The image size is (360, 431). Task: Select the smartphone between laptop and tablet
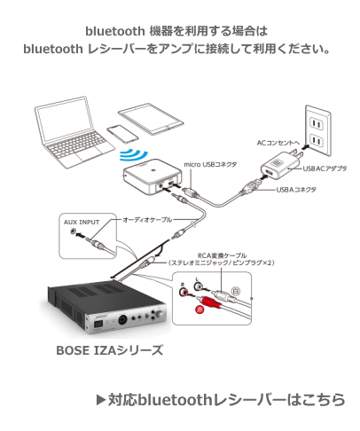click(121, 134)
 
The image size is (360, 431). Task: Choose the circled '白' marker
click(234, 291)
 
